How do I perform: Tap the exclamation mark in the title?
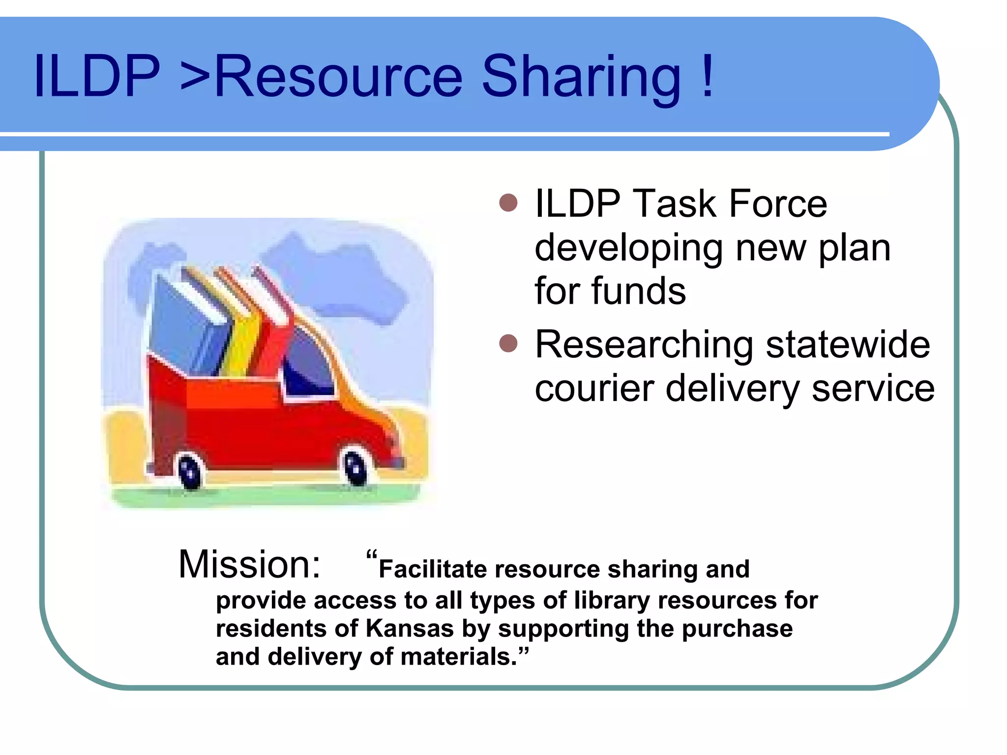tap(708, 76)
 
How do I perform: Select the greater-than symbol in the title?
tap(195, 79)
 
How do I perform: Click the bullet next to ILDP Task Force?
tap(508, 203)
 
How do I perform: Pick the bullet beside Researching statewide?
tap(508, 344)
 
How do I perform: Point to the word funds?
tap(639, 291)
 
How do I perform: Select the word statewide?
tap(848, 345)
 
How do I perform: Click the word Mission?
tap(249, 564)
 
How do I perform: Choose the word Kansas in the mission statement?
tap(410, 629)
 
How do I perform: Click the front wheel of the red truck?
tap(355, 467)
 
